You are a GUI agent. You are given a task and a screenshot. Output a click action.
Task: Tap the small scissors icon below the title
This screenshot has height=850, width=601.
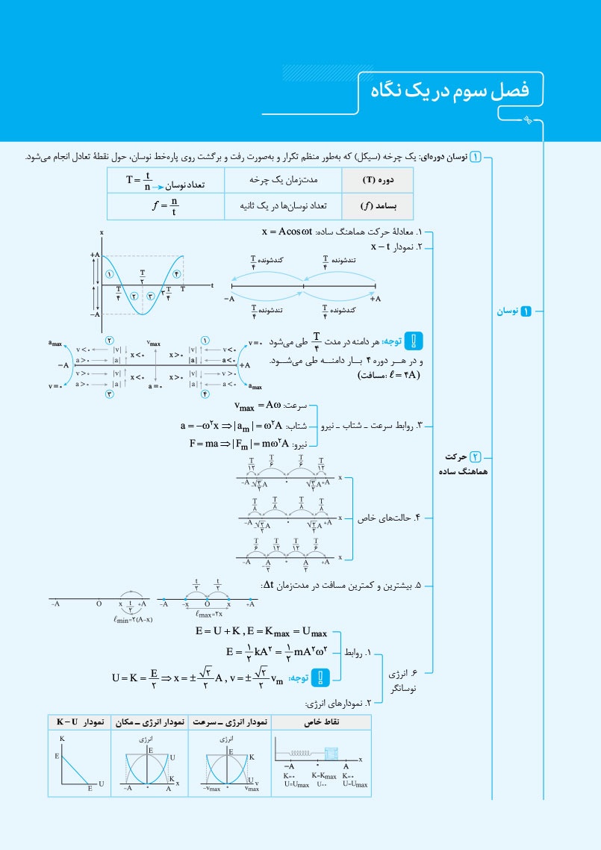528,120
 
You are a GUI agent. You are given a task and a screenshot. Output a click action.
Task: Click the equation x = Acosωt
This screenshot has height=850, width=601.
287,232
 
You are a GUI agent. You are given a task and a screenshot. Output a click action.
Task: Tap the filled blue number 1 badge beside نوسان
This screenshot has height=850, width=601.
525,310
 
